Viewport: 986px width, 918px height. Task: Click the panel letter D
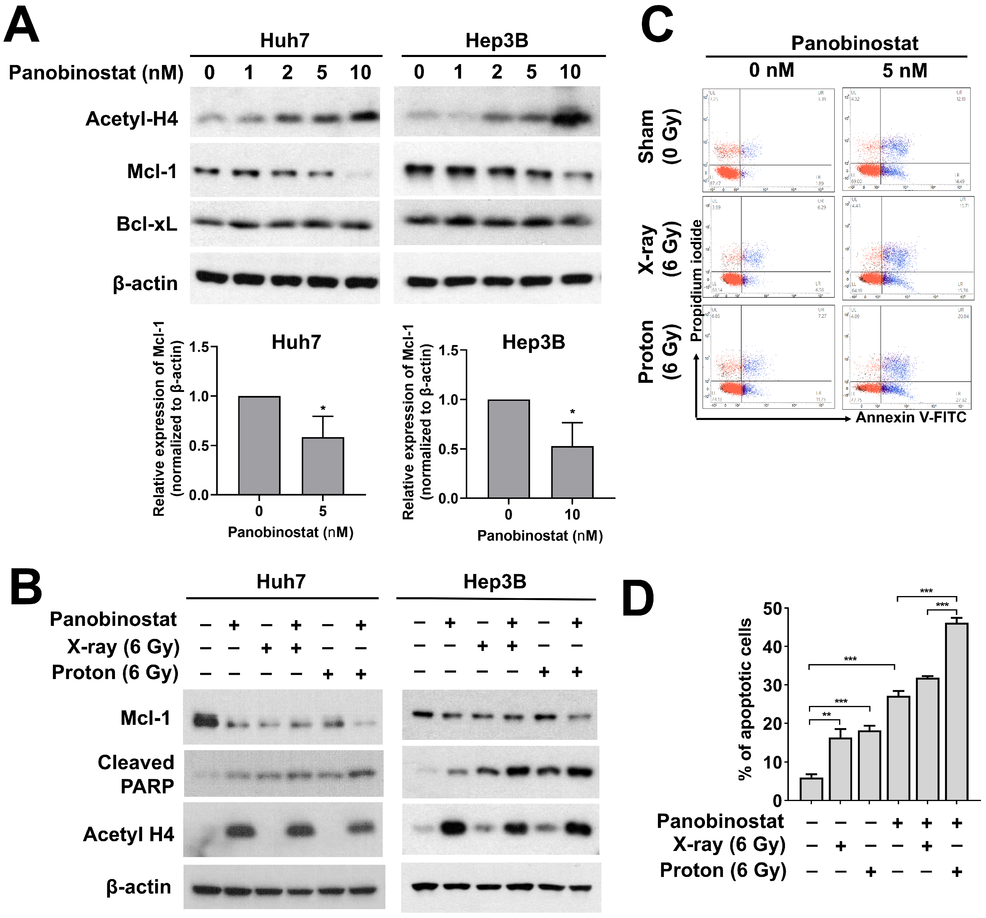[638, 598]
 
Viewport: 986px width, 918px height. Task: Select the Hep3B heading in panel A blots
[497, 41]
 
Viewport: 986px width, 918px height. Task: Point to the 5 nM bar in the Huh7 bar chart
[322, 465]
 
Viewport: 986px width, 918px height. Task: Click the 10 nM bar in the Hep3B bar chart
[572, 472]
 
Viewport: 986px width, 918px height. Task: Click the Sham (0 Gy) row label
[659, 137]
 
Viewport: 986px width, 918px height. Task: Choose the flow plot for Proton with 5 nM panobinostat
[907, 357]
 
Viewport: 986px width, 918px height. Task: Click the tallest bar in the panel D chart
[956, 711]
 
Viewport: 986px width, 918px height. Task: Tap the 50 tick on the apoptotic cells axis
[772, 609]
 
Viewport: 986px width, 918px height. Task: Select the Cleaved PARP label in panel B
[136, 774]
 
